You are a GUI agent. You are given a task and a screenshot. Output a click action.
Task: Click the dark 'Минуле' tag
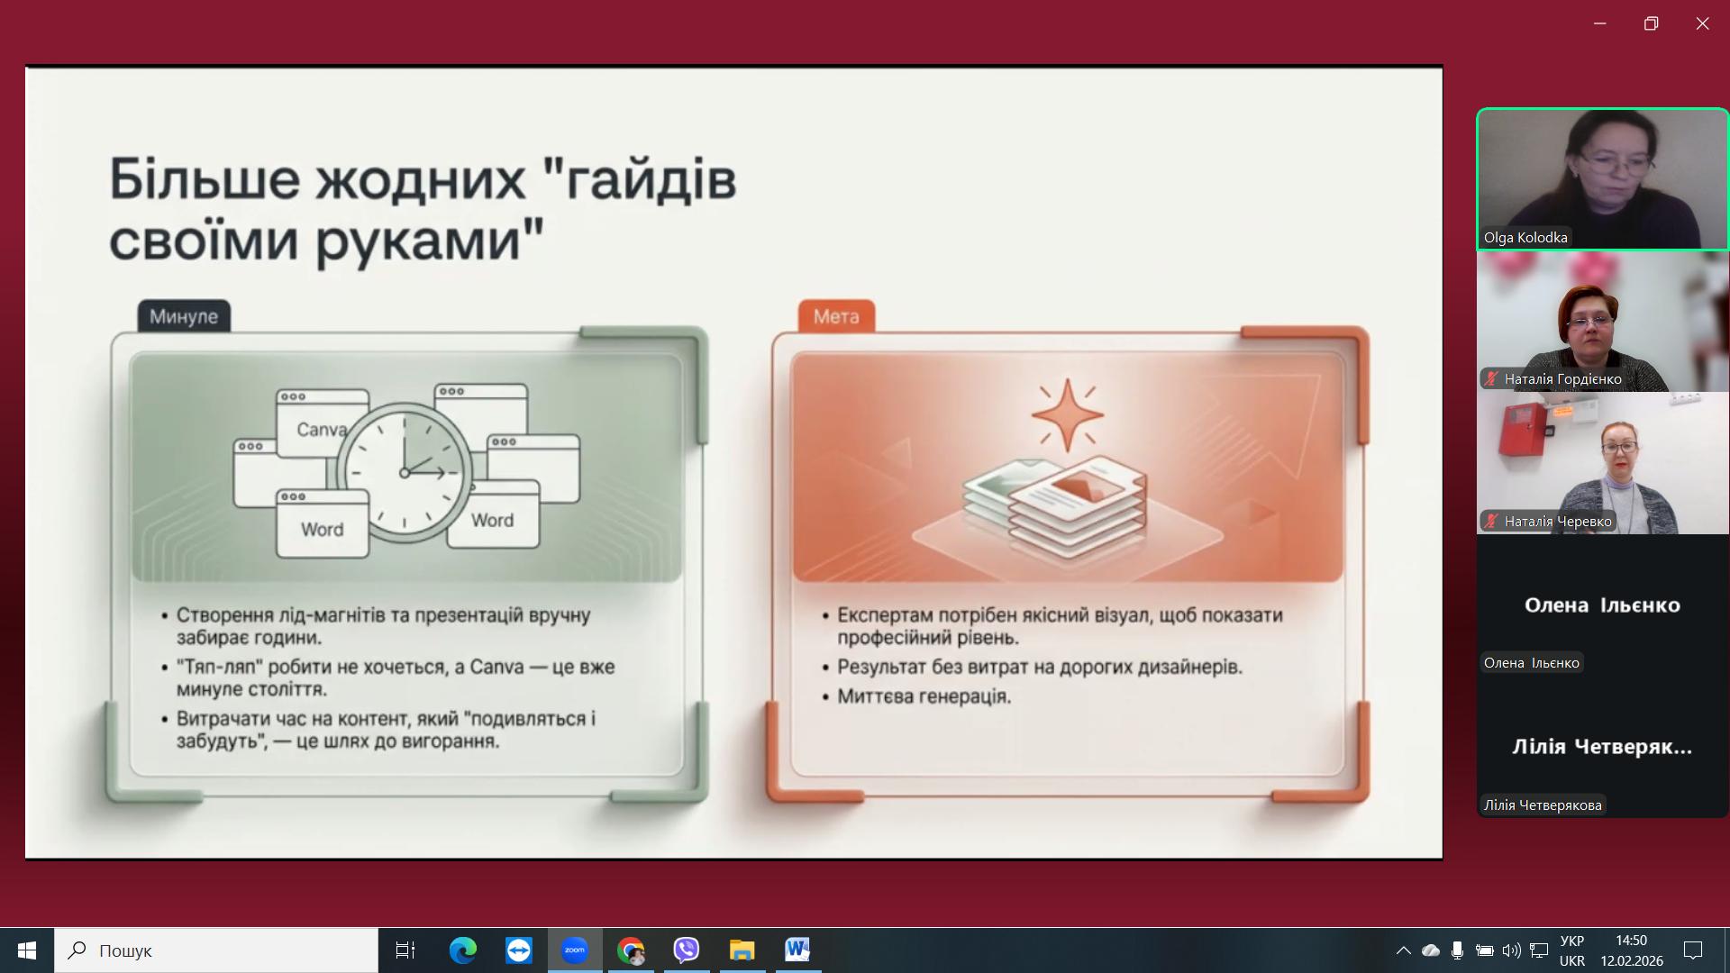pyautogui.click(x=184, y=316)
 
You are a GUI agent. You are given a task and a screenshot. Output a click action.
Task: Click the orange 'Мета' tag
pyautogui.click(x=836, y=316)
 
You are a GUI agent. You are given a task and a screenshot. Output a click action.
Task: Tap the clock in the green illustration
pyautogui.click(x=405, y=472)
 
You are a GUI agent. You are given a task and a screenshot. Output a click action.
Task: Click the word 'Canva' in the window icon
pyautogui.click(x=322, y=430)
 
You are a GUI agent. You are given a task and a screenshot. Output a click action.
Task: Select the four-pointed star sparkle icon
pyautogui.click(x=1068, y=415)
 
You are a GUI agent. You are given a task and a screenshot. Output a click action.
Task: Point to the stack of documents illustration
pyautogui.click(x=1055, y=505)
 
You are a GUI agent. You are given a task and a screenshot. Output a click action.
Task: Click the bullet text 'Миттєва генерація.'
pyautogui.click(x=924, y=696)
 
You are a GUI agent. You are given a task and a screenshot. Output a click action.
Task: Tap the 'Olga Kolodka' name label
pyautogui.click(x=1525, y=238)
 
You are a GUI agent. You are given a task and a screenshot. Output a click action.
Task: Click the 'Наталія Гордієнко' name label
pyautogui.click(x=1562, y=379)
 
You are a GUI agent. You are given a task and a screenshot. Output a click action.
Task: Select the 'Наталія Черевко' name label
pyautogui.click(x=1558, y=522)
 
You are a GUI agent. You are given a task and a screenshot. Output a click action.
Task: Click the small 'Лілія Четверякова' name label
pyautogui.click(x=1543, y=805)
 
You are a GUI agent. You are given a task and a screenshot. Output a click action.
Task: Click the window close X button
pyautogui.click(x=1702, y=24)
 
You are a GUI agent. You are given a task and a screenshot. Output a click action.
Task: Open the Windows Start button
pyautogui.click(x=27, y=950)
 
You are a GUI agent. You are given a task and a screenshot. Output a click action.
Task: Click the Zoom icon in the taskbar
pyautogui.click(x=574, y=950)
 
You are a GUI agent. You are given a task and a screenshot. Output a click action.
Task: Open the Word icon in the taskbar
pyautogui.click(x=797, y=950)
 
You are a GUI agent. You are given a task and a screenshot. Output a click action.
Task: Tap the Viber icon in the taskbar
pyautogui.click(x=687, y=950)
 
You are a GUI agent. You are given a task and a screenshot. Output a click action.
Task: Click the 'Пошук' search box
pyautogui.click(x=216, y=950)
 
